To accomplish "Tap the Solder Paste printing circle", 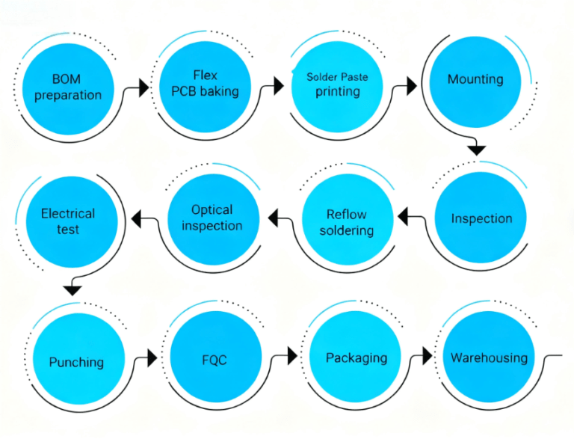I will pyautogui.click(x=337, y=85).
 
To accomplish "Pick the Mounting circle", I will pyautogui.click(x=475, y=79).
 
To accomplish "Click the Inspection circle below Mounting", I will pyautogui.click(x=481, y=218).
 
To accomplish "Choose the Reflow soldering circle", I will pyautogui.click(x=347, y=222).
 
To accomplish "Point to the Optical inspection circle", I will pyautogui.click(x=212, y=218).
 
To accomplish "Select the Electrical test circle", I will pyautogui.click(x=68, y=221).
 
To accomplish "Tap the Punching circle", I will pyautogui.click(x=76, y=361).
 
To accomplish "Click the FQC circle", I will pyautogui.click(x=215, y=360).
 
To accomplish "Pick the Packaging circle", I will pyautogui.click(x=357, y=357).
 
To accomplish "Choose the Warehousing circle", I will pyautogui.click(x=489, y=357).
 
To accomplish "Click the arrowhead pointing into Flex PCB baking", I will pyautogui.click(x=144, y=88).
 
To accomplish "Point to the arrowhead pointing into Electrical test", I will pyautogui.click(x=136, y=218).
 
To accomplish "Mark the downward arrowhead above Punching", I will pyautogui.click(x=72, y=289).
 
